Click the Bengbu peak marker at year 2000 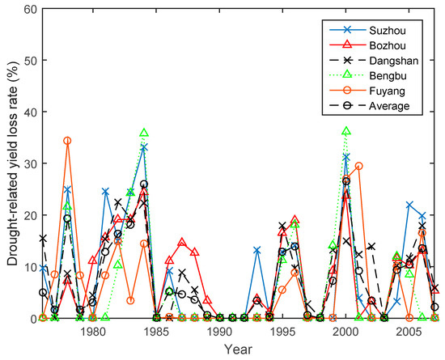coord(346,131)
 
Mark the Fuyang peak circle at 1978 coord(67,141)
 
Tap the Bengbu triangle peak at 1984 coord(144,133)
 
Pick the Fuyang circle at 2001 coord(359,167)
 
